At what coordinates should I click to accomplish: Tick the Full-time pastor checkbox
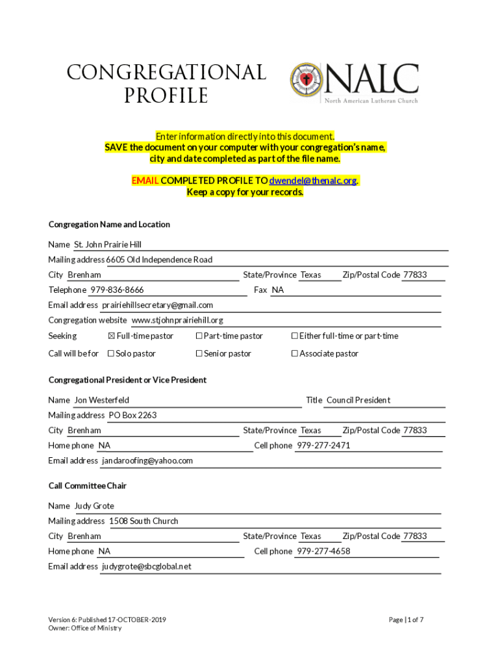pyautogui.click(x=111, y=336)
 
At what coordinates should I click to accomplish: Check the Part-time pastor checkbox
pyautogui.click(x=199, y=336)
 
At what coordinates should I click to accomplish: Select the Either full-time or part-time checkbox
pyautogui.click(x=294, y=336)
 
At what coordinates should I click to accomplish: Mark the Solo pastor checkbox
pyautogui.click(x=111, y=354)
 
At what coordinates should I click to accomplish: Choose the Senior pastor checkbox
pyautogui.click(x=199, y=354)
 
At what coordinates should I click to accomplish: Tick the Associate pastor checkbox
pyautogui.click(x=294, y=354)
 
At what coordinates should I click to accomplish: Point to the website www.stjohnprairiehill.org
pyautogui.click(x=177, y=320)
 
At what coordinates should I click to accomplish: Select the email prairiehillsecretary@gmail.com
pyautogui.click(x=157, y=305)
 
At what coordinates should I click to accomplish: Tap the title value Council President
pyautogui.click(x=358, y=401)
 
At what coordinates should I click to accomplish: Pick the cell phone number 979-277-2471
pyautogui.click(x=323, y=446)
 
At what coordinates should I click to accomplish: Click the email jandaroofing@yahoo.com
pyautogui.click(x=147, y=461)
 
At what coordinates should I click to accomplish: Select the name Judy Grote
pyautogui.click(x=94, y=507)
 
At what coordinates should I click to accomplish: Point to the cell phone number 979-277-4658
pyautogui.click(x=323, y=552)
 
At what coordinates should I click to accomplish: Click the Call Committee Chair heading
pyautogui.click(x=88, y=486)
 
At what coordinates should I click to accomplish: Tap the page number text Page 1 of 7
pyautogui.click(x=406, y=620)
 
